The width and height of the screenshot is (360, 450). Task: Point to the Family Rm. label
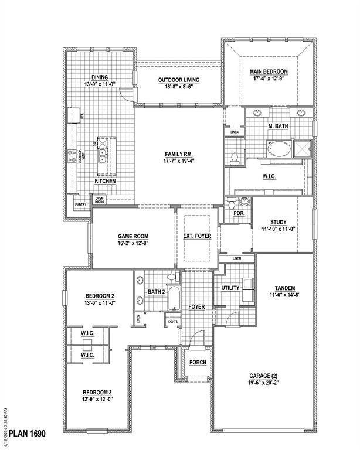pyautogui.click(x=179, y=154)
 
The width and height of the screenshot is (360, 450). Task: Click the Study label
pyautogui.click(x=279, y=222)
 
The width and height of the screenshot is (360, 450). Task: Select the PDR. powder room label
pyautogui.click(x=239, y=213)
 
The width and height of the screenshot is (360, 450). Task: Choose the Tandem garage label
pyautogui.click(x=284, y=288)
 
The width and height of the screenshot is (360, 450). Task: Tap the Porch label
pyautogui.click(x=198, y=362)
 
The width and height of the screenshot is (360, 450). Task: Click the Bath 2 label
pyautogui.click(x=157, y=292)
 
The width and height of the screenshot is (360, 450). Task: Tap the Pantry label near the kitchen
pyautogui.click(x=80, y=204)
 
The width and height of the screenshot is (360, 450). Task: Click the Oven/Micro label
pyautogui.click(x=100, y=200)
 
